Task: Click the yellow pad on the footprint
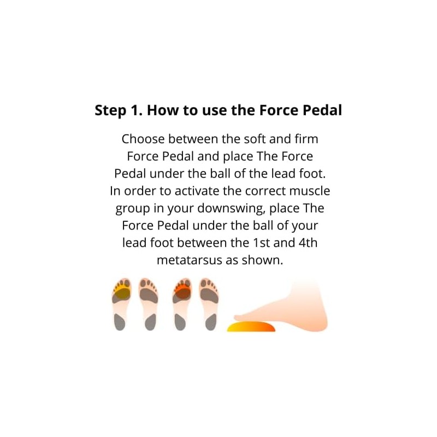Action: pos(122,293)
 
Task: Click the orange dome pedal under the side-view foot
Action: pos(252,327)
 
